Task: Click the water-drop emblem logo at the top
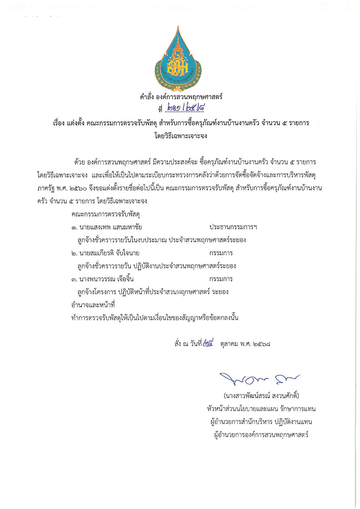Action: [x=178, y=59]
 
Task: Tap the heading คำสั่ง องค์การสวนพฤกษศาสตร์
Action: [x=181, y=96]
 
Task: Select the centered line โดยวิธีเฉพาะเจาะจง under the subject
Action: [x=181, y=136]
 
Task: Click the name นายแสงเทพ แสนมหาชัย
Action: [x=107, y=227]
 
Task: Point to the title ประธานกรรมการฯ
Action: [x=233, y=227]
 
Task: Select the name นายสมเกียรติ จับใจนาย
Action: [x=105, y=253]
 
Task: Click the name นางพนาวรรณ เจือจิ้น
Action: [x=103, y=279]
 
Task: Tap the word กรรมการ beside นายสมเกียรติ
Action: [x=221, y=253]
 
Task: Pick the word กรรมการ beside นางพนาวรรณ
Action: [x=221, y=279]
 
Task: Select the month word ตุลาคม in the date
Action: [x=229, y=344]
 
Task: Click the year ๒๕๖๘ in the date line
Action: [x=262, y=344]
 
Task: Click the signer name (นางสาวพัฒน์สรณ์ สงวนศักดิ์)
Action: [x=261, y=396]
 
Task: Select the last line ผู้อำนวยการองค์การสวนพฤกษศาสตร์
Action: [x=261, y=435]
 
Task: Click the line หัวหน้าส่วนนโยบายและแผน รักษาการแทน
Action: [x=261, y=409]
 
